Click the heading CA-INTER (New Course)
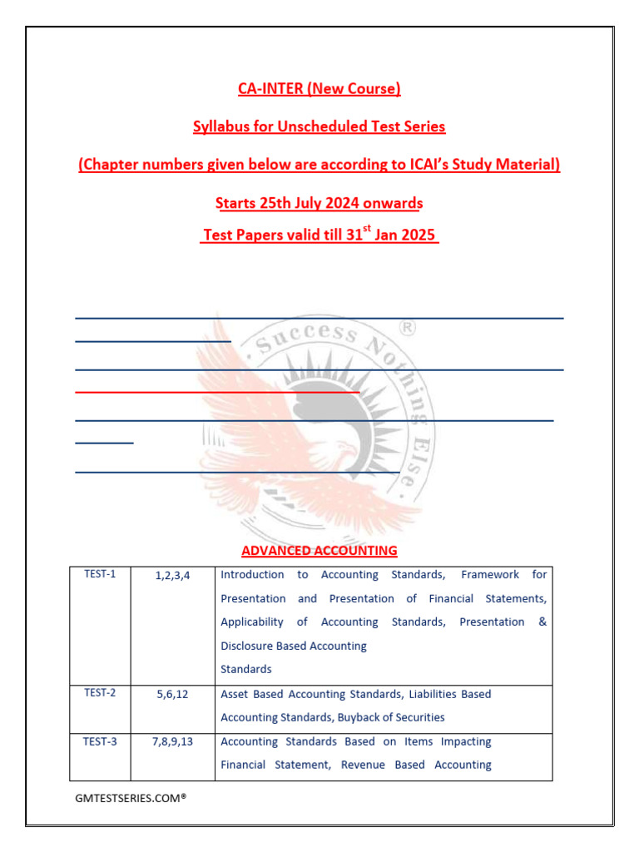click(x=319, y=88)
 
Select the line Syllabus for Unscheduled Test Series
click(x=319, y=126)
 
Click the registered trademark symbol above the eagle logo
click(x=409, y=329)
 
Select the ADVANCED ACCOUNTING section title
click(x=319, y=551)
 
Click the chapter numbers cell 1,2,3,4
click(x=172, y=575)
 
